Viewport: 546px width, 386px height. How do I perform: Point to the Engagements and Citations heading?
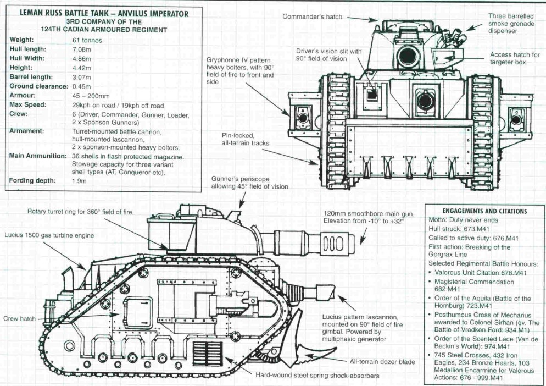[484, 211]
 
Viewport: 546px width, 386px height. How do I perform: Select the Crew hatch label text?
[19, 318]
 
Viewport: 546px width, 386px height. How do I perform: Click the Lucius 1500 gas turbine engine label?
[50, 235]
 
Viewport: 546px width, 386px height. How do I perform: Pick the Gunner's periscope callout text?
[250, 183]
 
